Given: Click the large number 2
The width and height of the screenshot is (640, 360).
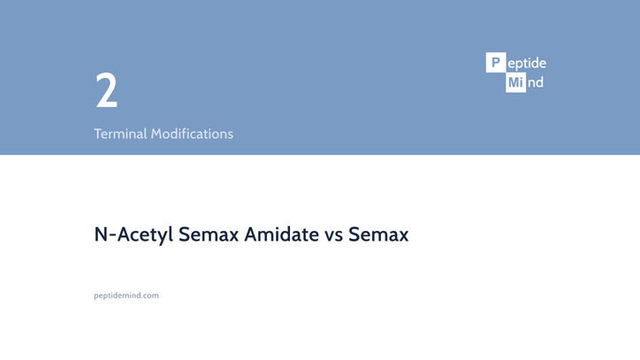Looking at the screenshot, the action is tap(106, 90).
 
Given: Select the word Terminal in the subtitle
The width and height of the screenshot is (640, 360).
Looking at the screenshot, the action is tap(120, 134).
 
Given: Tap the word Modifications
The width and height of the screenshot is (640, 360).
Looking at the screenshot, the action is tap(192, 134).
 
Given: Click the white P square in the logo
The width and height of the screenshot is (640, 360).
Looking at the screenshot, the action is tap(496, 63).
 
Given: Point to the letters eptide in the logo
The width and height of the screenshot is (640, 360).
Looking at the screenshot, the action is tap(527, 64).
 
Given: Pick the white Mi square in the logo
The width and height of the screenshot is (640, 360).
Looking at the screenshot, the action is tap(515, 82).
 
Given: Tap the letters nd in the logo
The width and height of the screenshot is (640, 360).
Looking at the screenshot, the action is tap(535, 83).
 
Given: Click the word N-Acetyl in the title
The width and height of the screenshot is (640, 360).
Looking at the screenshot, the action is tap(133, 234).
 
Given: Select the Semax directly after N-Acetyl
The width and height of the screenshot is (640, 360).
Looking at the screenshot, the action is tap(209, 234).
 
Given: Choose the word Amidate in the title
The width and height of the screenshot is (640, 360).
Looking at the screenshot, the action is tap(282, 234).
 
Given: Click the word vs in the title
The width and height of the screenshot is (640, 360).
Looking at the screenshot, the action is tap(334, 236).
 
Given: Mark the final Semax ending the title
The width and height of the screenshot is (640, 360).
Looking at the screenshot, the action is tap(378, 234).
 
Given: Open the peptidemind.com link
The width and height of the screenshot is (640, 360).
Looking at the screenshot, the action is tap(126, 295).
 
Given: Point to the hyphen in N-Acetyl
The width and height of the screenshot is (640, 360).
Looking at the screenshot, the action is tap(113, 236).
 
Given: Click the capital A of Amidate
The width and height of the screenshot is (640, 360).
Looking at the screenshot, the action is tap(252, 234).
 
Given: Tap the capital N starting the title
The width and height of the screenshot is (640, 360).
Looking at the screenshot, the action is tap(101, 234).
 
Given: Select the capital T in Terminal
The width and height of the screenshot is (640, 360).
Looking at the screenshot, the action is tap(98, 134).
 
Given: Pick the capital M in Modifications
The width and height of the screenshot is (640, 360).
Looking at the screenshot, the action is tap(156, 134).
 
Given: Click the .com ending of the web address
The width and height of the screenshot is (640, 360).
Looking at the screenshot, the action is tap(151, 295).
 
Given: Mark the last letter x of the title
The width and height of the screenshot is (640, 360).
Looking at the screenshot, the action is tap(403, 236).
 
